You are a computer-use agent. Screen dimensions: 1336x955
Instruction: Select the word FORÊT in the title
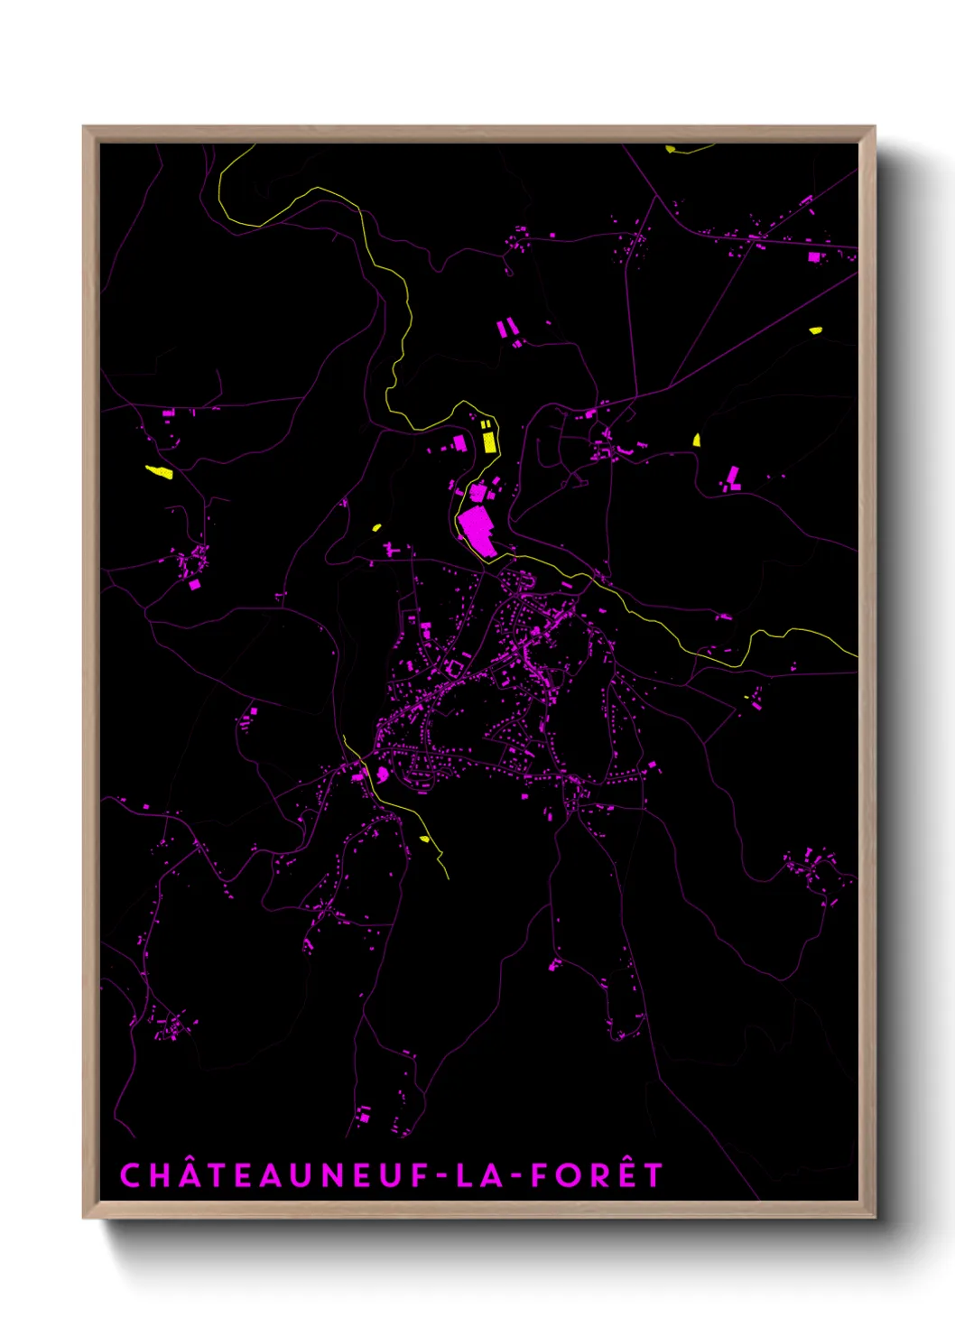[x=597, y=1175]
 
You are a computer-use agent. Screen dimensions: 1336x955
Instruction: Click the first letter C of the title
[x=131, y=1175]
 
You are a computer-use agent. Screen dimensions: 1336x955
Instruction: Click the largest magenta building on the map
[x=476, y=531]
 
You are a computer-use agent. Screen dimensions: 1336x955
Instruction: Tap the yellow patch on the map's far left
[x=160, y=471]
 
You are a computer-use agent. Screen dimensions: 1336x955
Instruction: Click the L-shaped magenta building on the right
[x=734, y=479]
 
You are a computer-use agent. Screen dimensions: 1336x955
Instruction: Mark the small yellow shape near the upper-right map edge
[x=815, y=330]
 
